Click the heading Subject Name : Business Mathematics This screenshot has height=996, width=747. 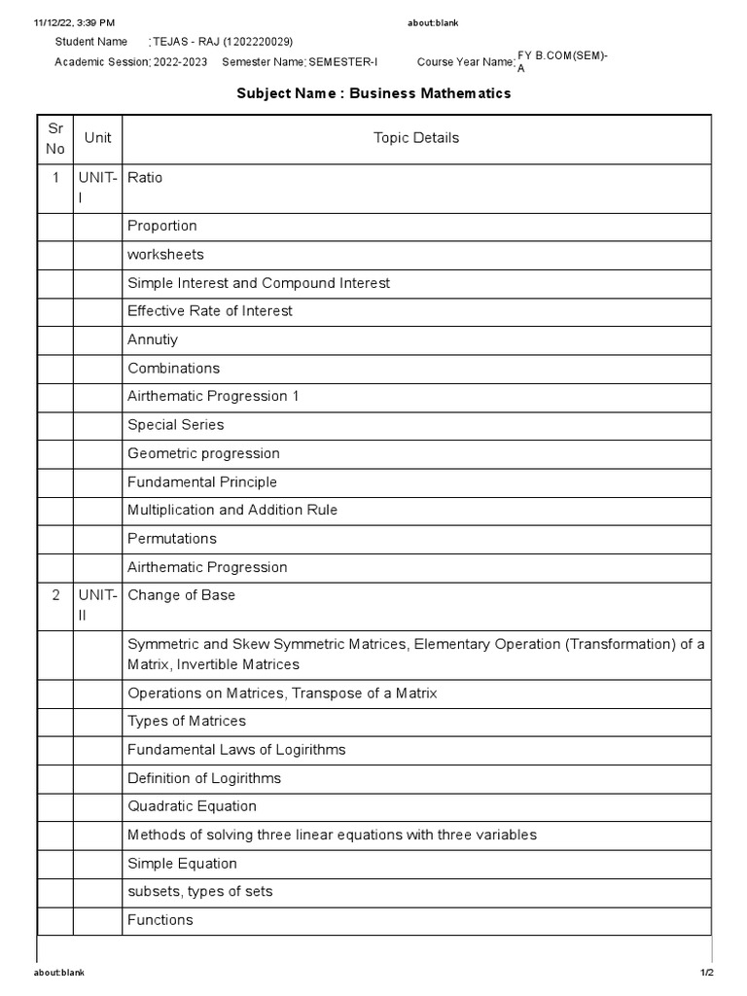tap(374, 93)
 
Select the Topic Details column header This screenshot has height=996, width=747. tap(415, 138)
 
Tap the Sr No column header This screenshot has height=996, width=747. tap(55, 138)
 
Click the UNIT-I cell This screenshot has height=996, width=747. tap(97, 187)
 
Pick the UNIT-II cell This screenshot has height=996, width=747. tap(97, 605)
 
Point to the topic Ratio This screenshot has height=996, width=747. tap(145, 178)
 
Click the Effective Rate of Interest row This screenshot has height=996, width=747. tap(209, 311)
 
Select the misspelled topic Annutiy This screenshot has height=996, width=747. tap(153, 339)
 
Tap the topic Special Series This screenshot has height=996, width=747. tap(175, 425)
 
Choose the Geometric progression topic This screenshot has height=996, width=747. tap(203, 453)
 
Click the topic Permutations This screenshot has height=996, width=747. tap(172, 539)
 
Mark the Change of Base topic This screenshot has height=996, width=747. tap(181, 595)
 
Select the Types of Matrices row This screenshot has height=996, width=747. tap(187, 721)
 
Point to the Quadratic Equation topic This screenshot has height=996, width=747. tap(192, 806)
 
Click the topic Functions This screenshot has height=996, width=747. tap(160, 920)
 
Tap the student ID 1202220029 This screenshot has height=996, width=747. tap(258, 42)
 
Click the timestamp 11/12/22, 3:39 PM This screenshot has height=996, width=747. tap(74, 21)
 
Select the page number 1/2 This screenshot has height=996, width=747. tap(706, 973)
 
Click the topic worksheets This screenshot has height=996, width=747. tap(165, 254)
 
